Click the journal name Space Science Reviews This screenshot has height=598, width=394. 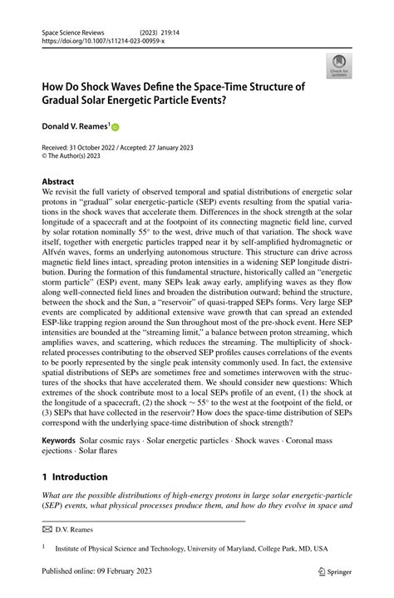pyautogui.click(x=72, y=29)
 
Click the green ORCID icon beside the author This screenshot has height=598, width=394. pyautogui.click(x=115, y=127)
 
